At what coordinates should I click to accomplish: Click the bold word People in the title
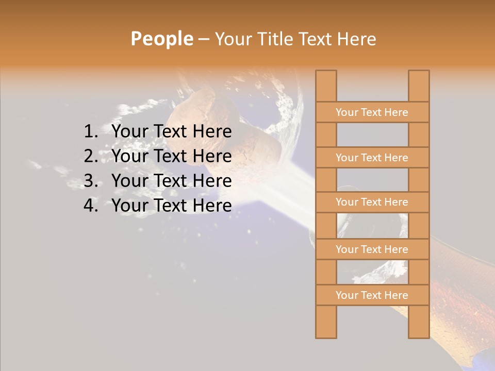coord(161,39)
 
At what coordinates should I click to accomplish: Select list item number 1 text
coord(171,132)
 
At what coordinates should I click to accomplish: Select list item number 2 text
coord(171,156)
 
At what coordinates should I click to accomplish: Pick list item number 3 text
coord(171,181)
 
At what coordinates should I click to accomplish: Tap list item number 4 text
coord(171,206)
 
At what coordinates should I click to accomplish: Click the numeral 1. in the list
coord(91,132)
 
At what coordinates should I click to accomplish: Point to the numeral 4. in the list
coord(91,206)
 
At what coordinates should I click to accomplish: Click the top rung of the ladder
coord(372,112)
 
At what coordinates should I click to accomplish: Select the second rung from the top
coord(372,158)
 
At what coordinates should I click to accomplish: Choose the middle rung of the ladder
coord(372,202)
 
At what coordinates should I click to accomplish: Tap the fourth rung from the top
coord(372,249)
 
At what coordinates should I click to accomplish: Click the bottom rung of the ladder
coord(372,295)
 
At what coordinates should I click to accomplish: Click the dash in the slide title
coord(203,39)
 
